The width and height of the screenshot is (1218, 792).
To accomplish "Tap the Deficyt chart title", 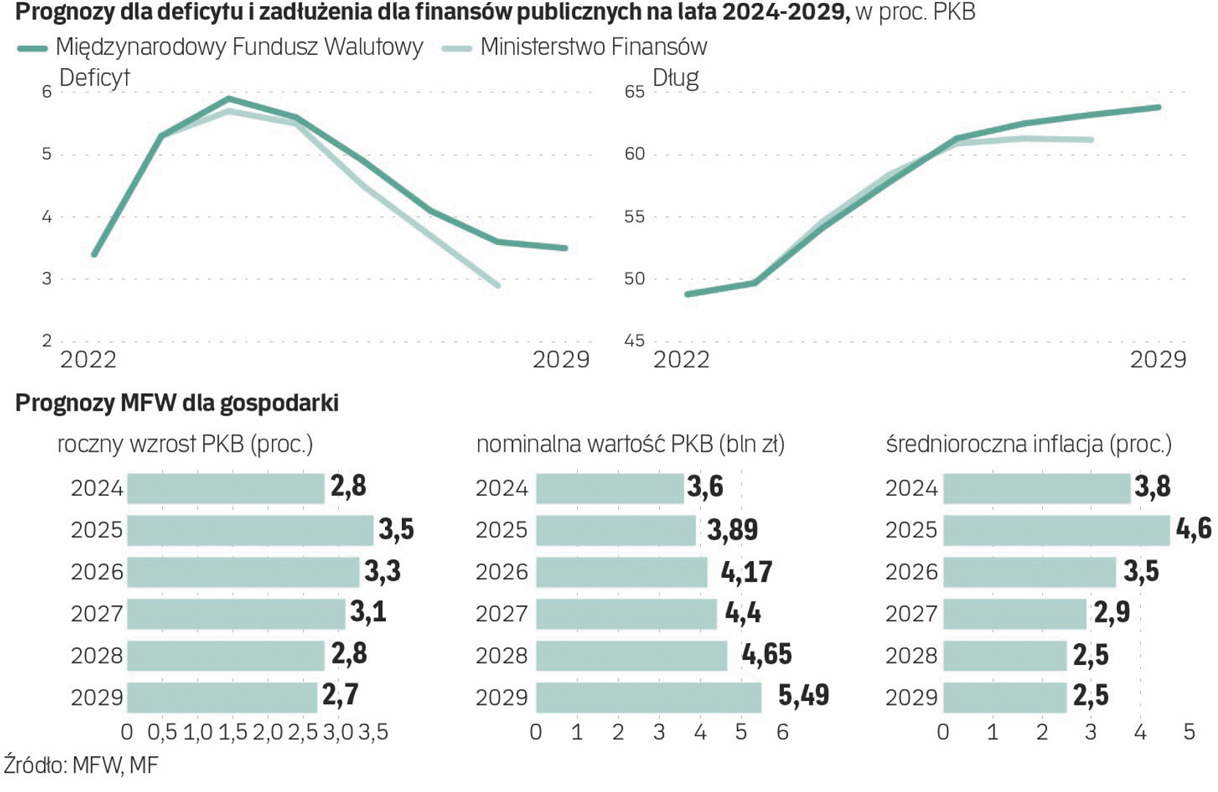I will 94,78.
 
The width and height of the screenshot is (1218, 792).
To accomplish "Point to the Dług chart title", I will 675,78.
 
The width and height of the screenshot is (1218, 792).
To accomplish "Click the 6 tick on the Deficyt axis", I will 47,92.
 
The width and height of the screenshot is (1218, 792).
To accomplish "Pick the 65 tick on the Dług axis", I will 634,92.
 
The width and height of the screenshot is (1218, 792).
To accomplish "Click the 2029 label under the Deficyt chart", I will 561,359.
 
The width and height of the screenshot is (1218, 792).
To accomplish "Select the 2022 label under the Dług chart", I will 681,359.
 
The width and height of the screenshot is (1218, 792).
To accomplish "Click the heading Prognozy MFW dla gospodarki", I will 177,403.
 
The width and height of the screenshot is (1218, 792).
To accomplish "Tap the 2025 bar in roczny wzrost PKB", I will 250,530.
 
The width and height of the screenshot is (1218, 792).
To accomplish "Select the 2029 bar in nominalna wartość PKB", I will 648,697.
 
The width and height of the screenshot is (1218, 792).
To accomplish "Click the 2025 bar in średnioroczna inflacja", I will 1056,530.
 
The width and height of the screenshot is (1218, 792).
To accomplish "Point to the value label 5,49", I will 804,695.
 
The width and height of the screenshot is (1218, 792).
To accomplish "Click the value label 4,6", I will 1194,529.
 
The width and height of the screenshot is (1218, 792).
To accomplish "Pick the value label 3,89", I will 733,529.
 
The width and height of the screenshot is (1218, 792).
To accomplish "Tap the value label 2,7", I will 340,695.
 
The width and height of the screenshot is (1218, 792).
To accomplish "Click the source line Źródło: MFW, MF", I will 81,766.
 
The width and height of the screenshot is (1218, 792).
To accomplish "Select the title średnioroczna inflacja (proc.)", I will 1029,444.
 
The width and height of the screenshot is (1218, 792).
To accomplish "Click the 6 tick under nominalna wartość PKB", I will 782,733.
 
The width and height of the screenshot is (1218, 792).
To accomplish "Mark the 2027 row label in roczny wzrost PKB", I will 97,614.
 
